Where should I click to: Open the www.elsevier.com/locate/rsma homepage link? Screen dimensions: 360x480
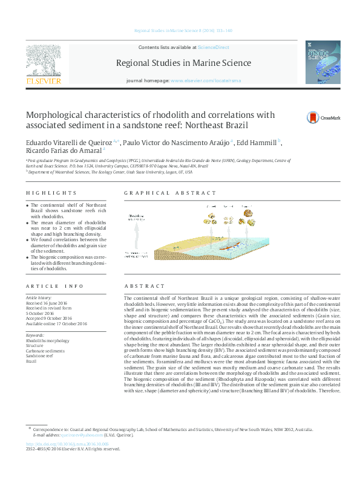(x=199, y=80)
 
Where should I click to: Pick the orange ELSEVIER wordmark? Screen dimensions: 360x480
(x=42, y=80)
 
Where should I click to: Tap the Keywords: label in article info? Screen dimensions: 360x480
(x=35, y=334)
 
